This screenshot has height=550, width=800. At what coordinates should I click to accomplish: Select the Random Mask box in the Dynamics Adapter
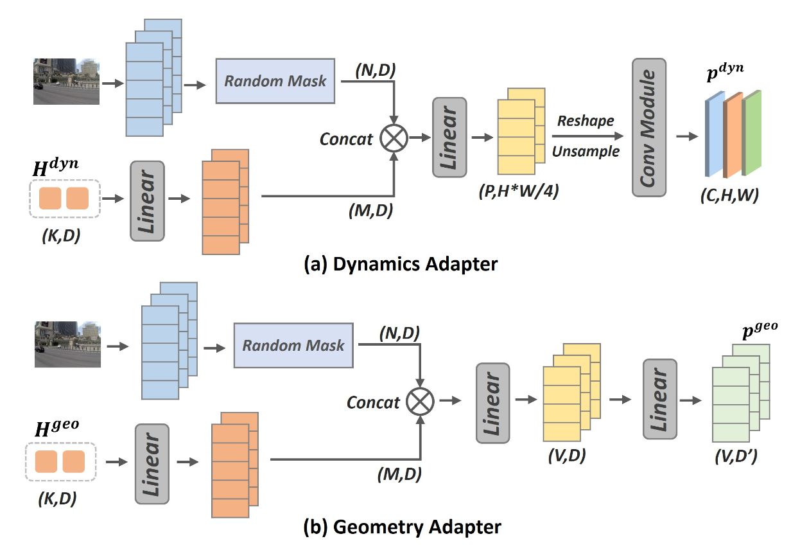pos(275,81)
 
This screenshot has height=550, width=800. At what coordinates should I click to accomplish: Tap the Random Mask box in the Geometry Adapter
pos(293,345)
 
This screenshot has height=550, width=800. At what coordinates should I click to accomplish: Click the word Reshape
pos(586,121)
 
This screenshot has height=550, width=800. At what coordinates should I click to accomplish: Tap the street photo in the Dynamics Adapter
pos(67,81)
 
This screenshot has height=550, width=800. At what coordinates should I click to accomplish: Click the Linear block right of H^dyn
pos(147,200)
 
